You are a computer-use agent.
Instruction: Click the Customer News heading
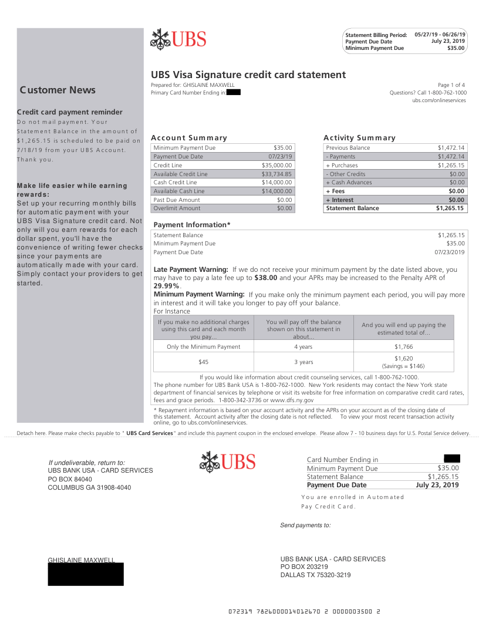coord(58,90)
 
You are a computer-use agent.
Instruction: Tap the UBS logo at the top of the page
coord(178,39)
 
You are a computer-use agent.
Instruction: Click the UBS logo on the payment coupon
coord(228,461)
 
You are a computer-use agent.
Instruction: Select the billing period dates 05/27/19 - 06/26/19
coord(440,35)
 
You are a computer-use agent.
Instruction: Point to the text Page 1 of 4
coord(451,85)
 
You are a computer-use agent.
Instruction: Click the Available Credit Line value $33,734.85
coord(276,174)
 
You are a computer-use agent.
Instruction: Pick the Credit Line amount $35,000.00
coord(276,166)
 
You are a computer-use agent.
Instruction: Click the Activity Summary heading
coord(359,138)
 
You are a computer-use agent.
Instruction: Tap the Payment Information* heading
coord(192,225)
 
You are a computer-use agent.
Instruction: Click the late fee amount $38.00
coord(267,277)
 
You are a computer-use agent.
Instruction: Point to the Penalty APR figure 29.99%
coord(166,285)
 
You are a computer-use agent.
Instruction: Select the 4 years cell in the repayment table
coord(303,346)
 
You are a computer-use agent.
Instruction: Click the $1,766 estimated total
coord(404,346)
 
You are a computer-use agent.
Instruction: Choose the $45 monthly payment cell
coord(203,362)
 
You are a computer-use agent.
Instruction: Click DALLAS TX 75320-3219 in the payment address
coord(315,575)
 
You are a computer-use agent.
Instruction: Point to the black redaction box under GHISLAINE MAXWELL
coord(86,574)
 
